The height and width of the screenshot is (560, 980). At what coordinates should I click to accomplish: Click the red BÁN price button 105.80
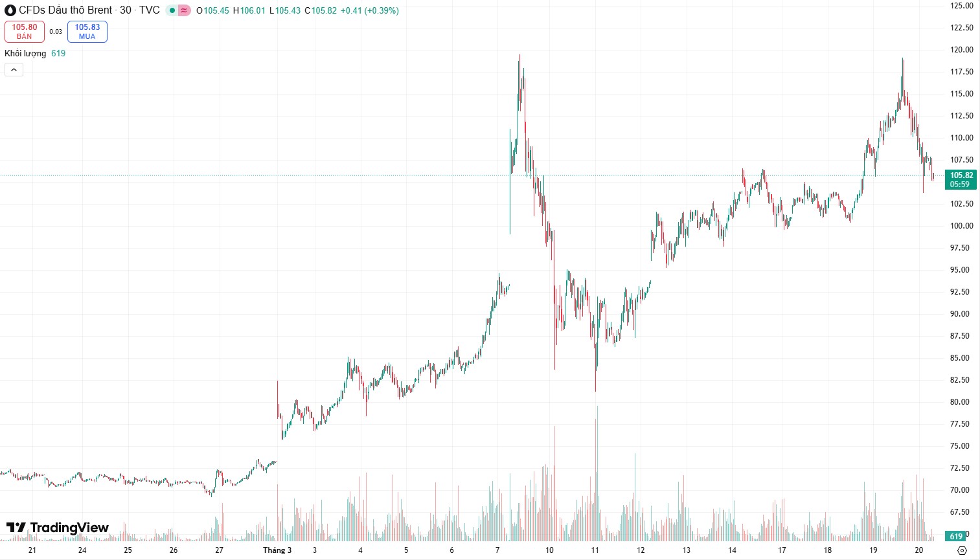pyautogui.click(x=25, y=31)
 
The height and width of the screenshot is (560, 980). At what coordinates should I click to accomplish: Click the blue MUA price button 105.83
pyautogui.click(x=87, y=31)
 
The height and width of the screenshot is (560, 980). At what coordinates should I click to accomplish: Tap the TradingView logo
pyautogui.click(x=58, y=528)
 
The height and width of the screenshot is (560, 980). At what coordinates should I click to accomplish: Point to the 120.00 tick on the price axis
pyautogui.click(x=961, y=50)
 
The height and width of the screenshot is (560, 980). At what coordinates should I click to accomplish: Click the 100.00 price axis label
pyautogui.click(x=961, y=226)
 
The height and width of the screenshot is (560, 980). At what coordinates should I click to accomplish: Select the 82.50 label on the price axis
pyautogui.click(x=961, y=380)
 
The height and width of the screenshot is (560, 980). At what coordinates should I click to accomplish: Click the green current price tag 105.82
pyautogui.click(x=961, y=179)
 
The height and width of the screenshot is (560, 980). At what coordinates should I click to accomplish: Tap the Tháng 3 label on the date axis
pyautogui.click(x=277, y=550)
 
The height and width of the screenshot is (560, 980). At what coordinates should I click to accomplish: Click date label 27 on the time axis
pyautogui.click(x=220, y=550)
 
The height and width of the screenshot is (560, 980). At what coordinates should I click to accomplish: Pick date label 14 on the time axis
pyautogui.click(x=732, y=550)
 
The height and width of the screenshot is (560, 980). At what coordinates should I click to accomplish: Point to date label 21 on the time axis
pyautogui.click(x=32, y=550)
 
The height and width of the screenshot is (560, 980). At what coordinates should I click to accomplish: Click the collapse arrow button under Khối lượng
pyautogui.click(x=14, y=69)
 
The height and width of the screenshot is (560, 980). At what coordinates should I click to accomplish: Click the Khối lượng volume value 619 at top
pyautogui.click(x=58, y=54)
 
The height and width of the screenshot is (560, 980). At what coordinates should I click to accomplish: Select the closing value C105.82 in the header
pyautogui.click(x=321, y=11)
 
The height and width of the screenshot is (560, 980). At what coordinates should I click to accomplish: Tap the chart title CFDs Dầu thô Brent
pyautogui.click(x=65, y=10)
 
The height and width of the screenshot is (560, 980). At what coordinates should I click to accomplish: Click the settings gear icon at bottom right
pyautogui.click(x=962, y=550)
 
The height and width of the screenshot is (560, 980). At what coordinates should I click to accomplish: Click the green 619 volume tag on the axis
pyautogui.click(x=956, y=536)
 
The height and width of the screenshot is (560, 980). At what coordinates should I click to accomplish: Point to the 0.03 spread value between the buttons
pyautogui.click(x=56, y=32)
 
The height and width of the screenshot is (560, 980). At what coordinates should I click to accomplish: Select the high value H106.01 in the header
pyautogui.click(x=249, y=11)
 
